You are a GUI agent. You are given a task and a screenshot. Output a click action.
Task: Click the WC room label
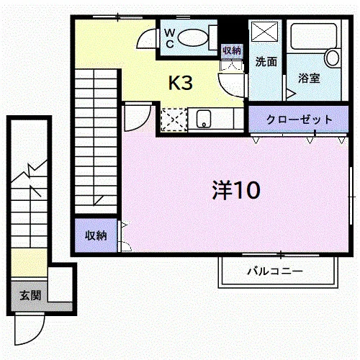(170, 38)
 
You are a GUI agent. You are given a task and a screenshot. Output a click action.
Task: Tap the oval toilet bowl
(193, 37)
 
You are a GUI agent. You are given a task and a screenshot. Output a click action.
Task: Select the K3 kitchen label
(181, 83)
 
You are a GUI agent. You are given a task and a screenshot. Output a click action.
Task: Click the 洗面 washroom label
(266, 62)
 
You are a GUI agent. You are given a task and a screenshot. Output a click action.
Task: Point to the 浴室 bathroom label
(309, 78)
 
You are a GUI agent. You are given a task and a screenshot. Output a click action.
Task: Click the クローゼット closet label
(300, 120)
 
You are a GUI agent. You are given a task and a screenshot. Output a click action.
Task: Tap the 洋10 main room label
(236, 190)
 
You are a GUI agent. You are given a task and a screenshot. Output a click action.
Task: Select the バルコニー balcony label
(275, 271)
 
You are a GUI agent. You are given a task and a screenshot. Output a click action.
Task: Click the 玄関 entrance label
(30, 295)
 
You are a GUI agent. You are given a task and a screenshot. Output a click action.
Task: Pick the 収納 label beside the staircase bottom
(96, 235)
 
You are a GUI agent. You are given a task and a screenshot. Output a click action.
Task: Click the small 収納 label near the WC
(232, 50)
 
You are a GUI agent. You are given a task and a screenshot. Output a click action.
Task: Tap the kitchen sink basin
(204, 119)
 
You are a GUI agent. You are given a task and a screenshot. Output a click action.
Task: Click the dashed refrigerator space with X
(174, 120)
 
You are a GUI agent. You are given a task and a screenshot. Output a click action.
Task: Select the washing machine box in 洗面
(264, 32)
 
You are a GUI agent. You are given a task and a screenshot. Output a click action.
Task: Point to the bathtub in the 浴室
(313, 36)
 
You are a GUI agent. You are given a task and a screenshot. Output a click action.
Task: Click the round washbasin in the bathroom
(333, 58)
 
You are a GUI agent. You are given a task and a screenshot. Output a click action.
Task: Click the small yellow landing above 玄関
(29, 263)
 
